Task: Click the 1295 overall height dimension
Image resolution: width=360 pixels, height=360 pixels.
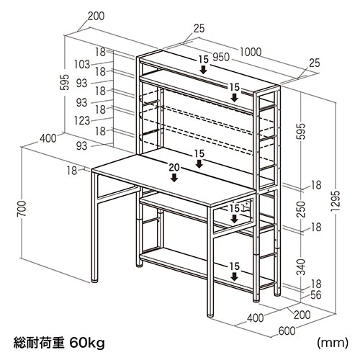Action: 336,201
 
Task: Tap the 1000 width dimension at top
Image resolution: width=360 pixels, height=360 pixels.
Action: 251,52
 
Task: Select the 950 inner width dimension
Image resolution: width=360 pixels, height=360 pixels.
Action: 221,58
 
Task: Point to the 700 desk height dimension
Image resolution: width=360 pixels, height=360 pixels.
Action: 22,209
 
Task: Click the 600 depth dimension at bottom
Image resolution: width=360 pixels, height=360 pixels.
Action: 287,331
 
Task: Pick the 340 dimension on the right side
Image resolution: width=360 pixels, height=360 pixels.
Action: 301,267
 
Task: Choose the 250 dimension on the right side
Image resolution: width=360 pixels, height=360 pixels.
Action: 301,210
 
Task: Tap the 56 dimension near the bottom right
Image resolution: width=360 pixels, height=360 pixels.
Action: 315,295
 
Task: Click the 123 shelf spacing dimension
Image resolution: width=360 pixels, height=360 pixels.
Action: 82,120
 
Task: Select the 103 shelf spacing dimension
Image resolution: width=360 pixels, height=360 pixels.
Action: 82,64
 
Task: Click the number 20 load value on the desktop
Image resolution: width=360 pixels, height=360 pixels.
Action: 174,168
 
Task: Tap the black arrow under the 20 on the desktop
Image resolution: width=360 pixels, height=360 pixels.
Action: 174,177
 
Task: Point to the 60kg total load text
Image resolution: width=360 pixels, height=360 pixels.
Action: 87,343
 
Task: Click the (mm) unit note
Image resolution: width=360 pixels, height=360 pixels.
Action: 333,343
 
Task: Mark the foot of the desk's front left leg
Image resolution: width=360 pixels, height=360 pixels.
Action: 95,280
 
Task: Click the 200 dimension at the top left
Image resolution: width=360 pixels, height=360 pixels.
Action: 96,16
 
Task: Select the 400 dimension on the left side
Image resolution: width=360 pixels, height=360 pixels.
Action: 48,138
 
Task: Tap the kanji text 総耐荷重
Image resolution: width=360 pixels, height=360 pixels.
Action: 39,343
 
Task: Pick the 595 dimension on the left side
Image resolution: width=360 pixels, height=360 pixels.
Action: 64,82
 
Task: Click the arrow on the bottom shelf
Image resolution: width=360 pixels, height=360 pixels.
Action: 235,276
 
